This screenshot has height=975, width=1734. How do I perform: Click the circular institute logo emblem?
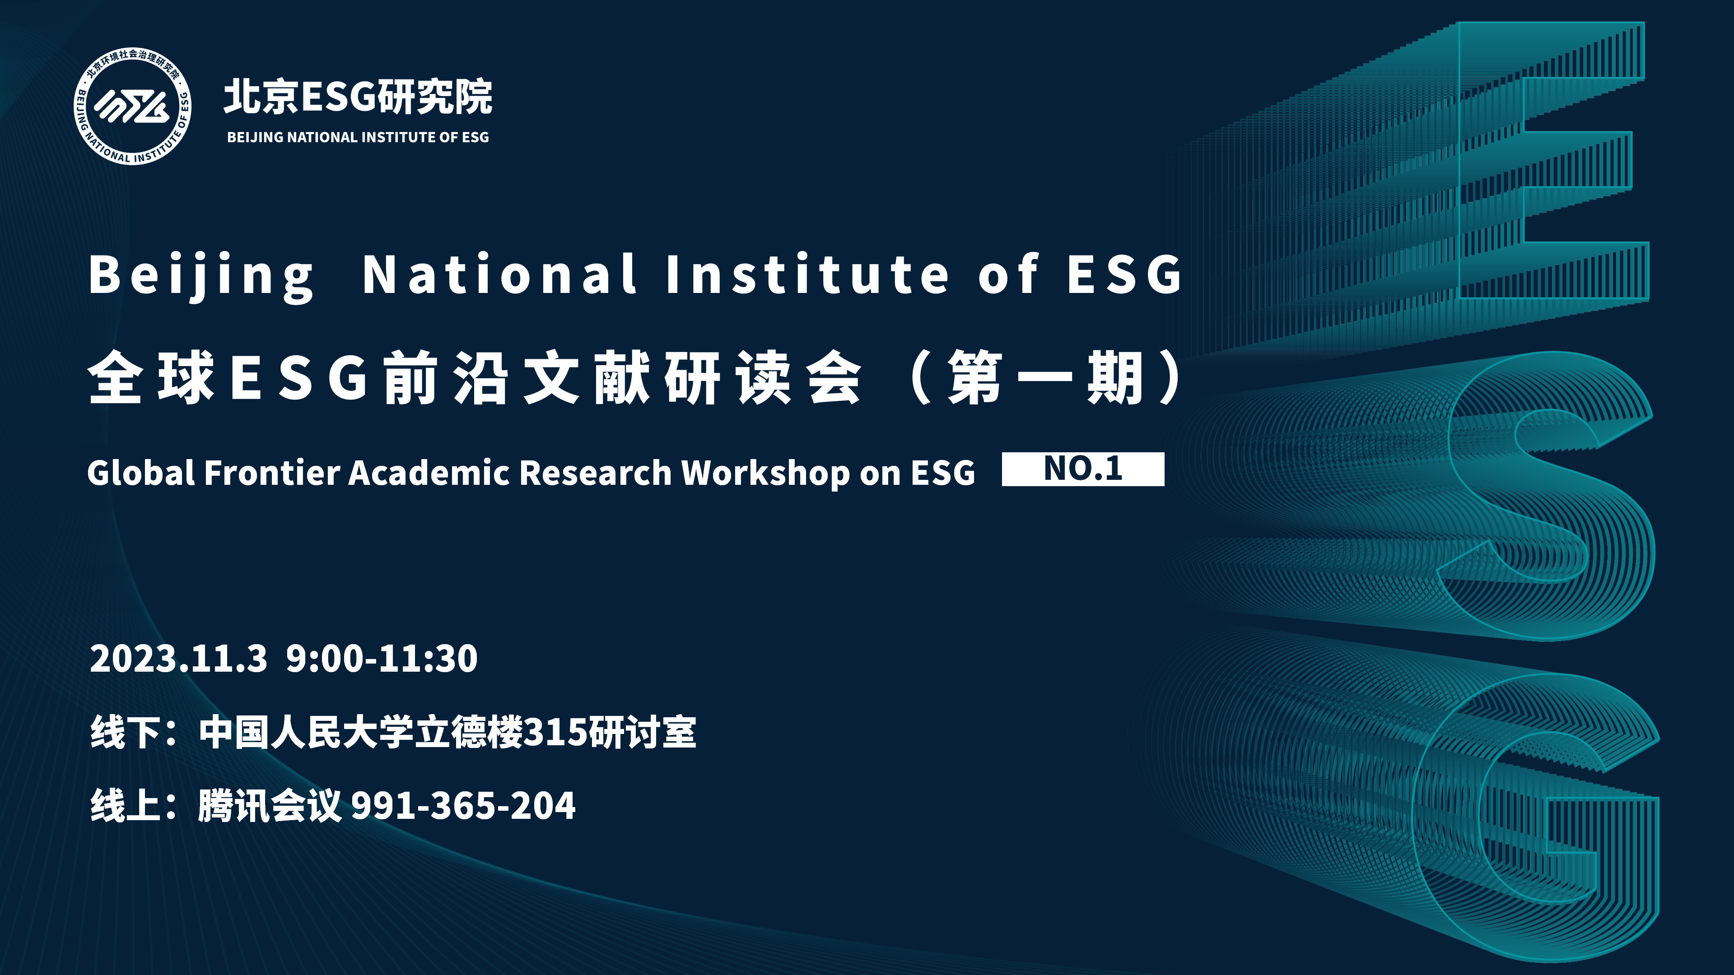click(x=133, y=107)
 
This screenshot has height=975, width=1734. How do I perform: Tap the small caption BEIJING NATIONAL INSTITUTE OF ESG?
click(x=358, y=137)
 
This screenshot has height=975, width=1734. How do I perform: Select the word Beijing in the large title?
click(x=201, y=276)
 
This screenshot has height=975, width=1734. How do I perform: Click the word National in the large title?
click(x=499, y=274)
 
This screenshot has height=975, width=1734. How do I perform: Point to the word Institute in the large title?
click(x=807, y=274)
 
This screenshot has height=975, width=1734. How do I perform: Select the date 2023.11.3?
click(x=178, y=658)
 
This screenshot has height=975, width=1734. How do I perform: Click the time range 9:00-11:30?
click(x=382, y=658)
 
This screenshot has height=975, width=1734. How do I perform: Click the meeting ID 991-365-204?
click(x=463, y=805)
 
